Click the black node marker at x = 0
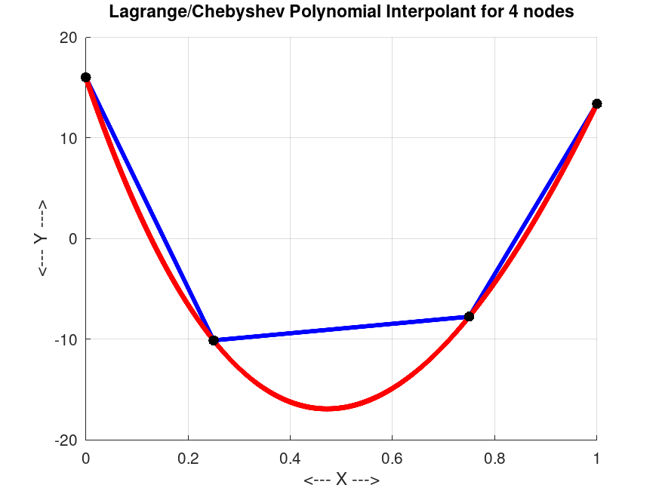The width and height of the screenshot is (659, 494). pyautogui.click(x=86, y=78)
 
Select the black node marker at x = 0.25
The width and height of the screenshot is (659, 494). pyautogui.click(x=214, y=340)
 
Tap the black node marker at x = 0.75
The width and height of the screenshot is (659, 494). pyautogui.click(x=469, y=316)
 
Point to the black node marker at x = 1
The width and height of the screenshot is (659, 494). pyautogui.click(x=596, y=103)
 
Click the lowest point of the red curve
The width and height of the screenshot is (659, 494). pyautogui.click(x=327, y=408)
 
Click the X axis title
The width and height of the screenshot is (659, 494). pyautogui.click(x=341, y=480)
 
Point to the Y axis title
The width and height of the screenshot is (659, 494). pyautogui.click(x=42, y=238)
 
